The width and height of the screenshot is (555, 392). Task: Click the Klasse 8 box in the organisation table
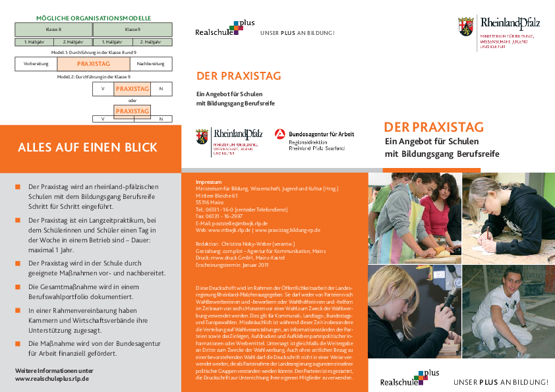coord(54,30)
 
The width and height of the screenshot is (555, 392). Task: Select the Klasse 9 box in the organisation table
coord(132,30)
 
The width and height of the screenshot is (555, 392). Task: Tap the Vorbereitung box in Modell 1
coord(36,64)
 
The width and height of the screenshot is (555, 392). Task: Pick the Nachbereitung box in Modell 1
coord(150,64)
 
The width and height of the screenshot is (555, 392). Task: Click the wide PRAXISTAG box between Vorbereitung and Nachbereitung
coord(93,64)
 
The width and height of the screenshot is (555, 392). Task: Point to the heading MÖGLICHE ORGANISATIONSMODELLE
coord(93,18)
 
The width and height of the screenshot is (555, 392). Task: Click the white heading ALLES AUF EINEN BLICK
coord(88,147)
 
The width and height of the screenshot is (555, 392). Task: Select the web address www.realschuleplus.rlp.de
coord(52,379)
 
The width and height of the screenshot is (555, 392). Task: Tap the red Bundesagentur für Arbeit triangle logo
coord(279,134)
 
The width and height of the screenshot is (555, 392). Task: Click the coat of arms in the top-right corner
coord(465,27)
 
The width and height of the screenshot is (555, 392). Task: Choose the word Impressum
coord(209,181)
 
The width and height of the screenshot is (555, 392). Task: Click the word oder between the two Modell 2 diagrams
coord(132,100)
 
